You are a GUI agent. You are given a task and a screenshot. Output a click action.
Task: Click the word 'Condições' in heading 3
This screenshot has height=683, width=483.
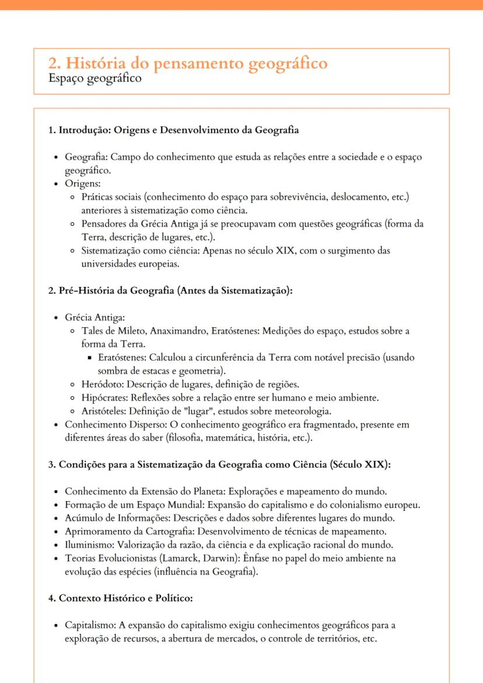tap(80, 465)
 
